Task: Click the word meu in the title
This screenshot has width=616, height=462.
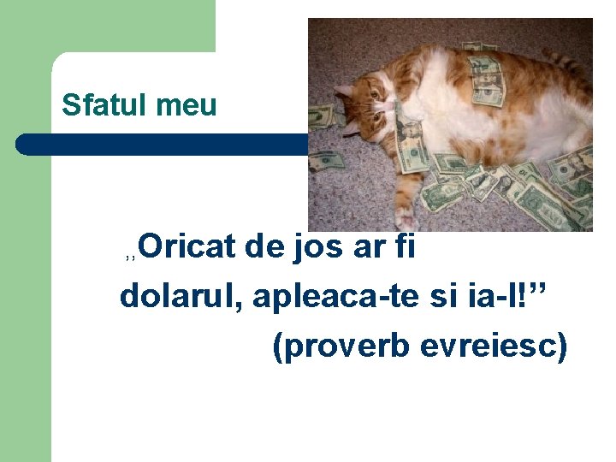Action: [187, 105]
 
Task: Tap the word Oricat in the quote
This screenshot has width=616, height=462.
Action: [186, 247]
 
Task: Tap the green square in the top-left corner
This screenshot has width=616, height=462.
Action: [107, 26]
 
